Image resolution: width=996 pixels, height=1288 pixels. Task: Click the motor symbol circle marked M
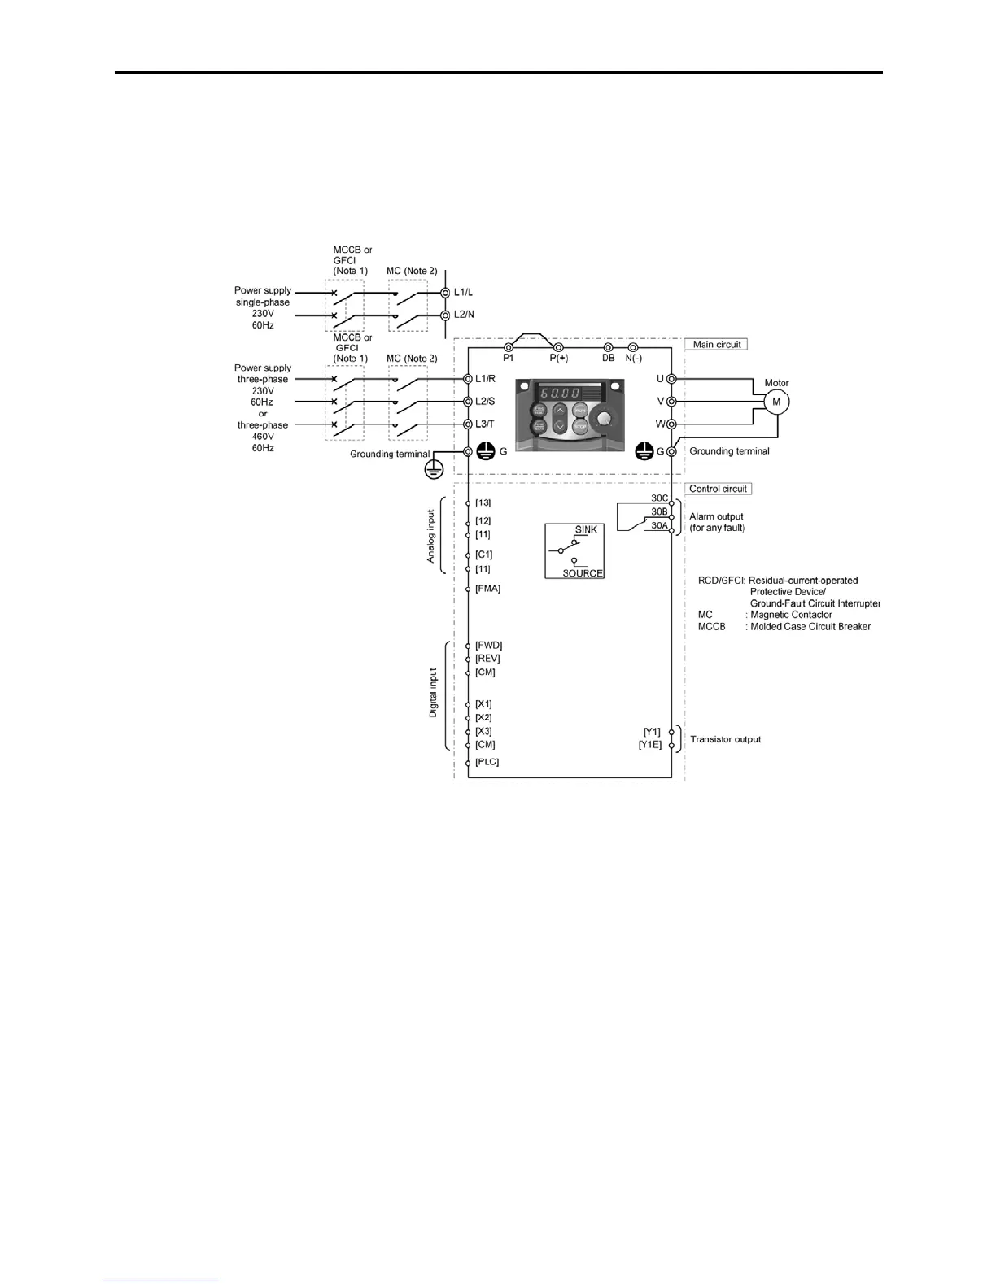click(775, 402)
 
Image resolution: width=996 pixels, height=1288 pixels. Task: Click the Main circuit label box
click(716, 345)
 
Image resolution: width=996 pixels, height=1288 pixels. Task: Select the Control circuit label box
click(718, 489)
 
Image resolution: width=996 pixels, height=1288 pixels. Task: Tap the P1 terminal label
click(509, 358)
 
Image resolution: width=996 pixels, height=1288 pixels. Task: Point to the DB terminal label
click(608, 358)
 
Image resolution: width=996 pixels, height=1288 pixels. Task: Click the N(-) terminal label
click(633, 358)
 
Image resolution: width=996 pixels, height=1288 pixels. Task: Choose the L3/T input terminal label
click(485, 424)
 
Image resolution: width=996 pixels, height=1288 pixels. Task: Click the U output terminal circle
click(671, 379)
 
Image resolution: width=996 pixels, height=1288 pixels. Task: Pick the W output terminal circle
click(671, 424)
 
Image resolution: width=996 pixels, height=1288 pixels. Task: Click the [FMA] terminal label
click(487, 589)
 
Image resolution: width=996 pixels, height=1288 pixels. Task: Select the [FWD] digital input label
click(488, 646)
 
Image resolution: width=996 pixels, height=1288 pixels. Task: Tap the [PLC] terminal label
click(487, 762)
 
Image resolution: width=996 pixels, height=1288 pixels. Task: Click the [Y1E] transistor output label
click(650, 744)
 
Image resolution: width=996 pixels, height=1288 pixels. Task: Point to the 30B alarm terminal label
click(659, 511)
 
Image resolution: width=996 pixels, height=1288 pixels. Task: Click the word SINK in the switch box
click(586, 529)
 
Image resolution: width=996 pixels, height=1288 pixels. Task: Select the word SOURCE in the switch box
click(583, 573)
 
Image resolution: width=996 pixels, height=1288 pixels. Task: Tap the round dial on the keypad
click(603, 419)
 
